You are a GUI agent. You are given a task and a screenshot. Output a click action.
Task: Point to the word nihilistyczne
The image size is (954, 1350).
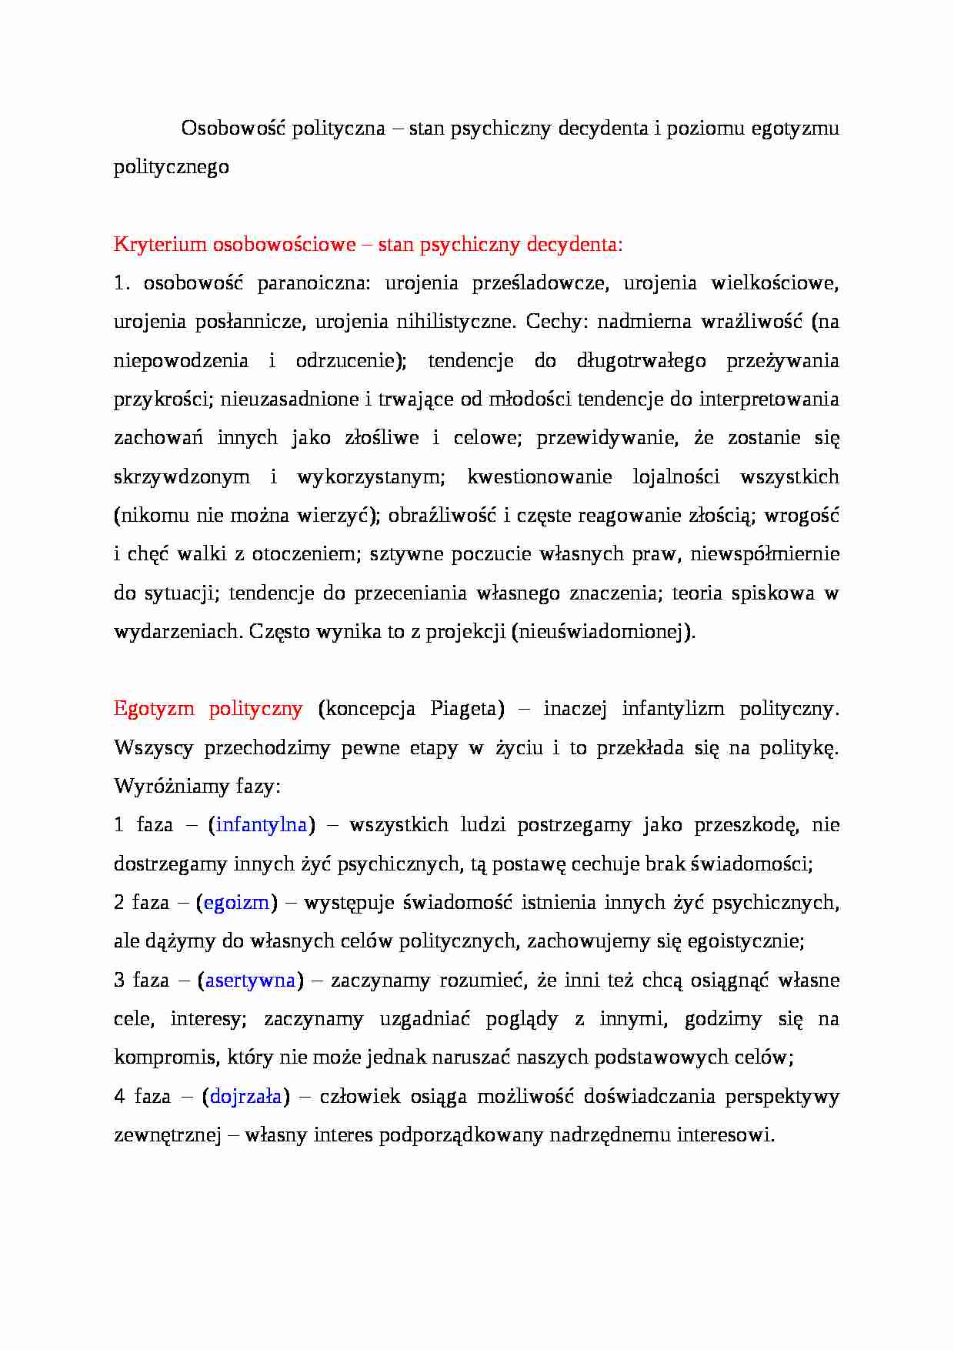(454, 322)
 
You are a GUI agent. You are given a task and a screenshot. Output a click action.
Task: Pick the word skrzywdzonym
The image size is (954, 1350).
(182, 477)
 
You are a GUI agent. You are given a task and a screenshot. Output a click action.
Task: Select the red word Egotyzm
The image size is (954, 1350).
(154, 709)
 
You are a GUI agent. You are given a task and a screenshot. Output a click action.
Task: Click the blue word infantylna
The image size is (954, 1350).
(262, 825)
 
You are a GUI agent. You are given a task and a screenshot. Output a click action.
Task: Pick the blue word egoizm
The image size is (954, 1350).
(237, 903)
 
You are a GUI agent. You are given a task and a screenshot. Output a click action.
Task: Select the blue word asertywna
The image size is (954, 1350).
(250, 981)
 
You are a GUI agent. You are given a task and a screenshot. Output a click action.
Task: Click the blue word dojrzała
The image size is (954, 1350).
(245, 1097)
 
